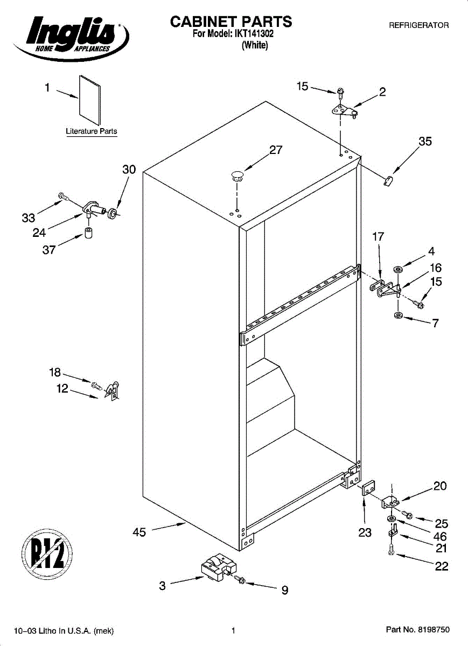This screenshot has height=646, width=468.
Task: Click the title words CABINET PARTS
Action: (231, 22)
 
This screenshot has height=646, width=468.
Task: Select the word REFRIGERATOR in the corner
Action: (418, 25)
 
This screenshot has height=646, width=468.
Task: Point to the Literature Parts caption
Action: (91, 131)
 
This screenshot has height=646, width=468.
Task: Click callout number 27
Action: (276, 150)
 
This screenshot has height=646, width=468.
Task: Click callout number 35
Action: (425, 142)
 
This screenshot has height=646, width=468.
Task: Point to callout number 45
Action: (139, 532)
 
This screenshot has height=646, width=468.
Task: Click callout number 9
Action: (284, 591)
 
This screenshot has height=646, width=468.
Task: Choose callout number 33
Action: (28, 218)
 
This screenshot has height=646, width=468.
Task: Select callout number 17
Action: (378, 236)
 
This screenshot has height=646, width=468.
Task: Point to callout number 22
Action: (442, 566)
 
